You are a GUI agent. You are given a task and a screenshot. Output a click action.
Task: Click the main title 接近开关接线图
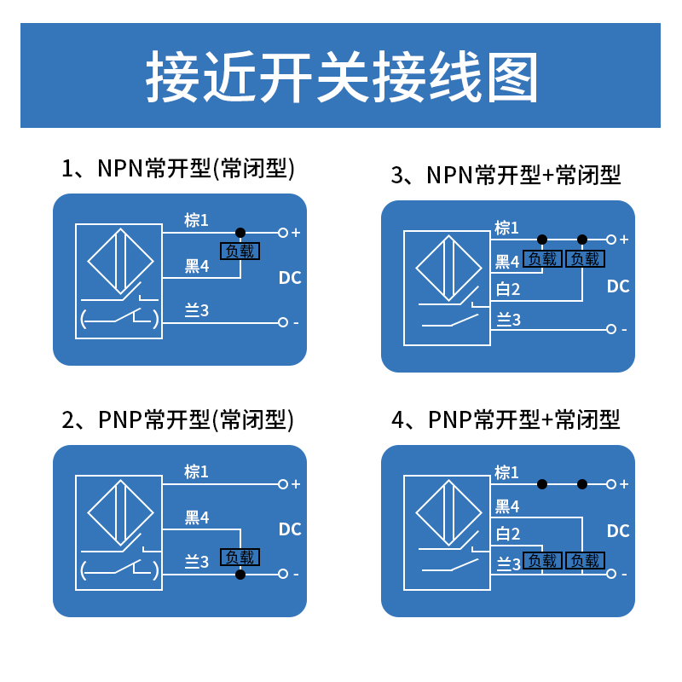(341, 77)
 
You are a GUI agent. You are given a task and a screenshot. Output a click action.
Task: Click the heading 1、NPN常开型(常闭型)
(178, 168)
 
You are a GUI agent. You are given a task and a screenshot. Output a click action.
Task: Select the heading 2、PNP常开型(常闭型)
(178, 419)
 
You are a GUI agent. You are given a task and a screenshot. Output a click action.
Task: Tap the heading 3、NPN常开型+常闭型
(506, 176)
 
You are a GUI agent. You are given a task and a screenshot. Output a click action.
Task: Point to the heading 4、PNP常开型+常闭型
(506, 419)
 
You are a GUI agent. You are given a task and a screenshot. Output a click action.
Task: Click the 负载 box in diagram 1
(240, 251)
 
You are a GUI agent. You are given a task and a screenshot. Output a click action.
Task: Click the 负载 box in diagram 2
(240, 558)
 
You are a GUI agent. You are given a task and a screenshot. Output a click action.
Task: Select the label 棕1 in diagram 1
(197, 221)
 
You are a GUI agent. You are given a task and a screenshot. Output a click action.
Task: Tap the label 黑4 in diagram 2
(197, 517)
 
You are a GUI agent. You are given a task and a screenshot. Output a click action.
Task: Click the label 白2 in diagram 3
(508, 290)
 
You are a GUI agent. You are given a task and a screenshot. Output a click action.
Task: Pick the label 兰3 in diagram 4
(508, 564)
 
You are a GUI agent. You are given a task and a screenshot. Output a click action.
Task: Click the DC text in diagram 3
(618, 286)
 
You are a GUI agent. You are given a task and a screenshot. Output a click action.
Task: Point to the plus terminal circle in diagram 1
(283, 232)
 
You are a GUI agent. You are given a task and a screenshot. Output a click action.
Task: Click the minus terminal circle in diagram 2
(283, 575)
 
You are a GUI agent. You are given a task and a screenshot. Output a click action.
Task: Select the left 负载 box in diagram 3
(542, 259)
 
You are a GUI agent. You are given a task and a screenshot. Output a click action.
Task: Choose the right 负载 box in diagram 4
(586, 561)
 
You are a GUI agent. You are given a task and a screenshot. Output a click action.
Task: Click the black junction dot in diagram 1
(240, 232)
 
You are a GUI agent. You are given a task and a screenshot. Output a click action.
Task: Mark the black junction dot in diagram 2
(240, 575)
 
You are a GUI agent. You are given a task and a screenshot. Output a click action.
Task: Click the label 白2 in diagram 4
(508, 535)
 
